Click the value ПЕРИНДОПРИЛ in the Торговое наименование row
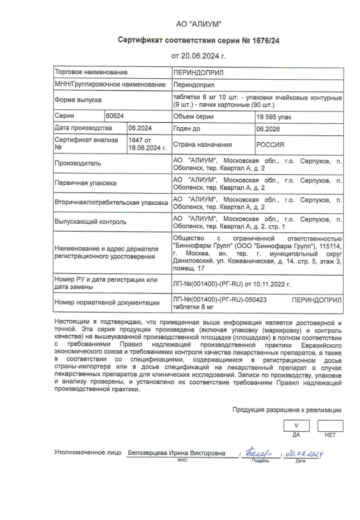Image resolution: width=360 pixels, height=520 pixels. (198, 73)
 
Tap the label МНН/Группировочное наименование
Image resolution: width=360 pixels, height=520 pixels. (110, 84)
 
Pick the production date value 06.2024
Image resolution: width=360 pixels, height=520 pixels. (139, 128)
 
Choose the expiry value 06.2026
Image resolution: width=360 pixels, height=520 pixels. (268, 128)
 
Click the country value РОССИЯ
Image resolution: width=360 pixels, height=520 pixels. (270, 145)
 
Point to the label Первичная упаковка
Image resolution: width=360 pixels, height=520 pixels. (85, 183)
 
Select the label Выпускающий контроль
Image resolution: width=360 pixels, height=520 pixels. (90, 222)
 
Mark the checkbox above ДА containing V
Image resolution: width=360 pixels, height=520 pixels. (296, 426)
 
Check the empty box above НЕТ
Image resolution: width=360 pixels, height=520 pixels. (330, 426)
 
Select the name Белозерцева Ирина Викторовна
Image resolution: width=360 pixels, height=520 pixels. (176, 454)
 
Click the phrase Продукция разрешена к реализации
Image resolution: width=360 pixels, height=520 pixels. (287, 410)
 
